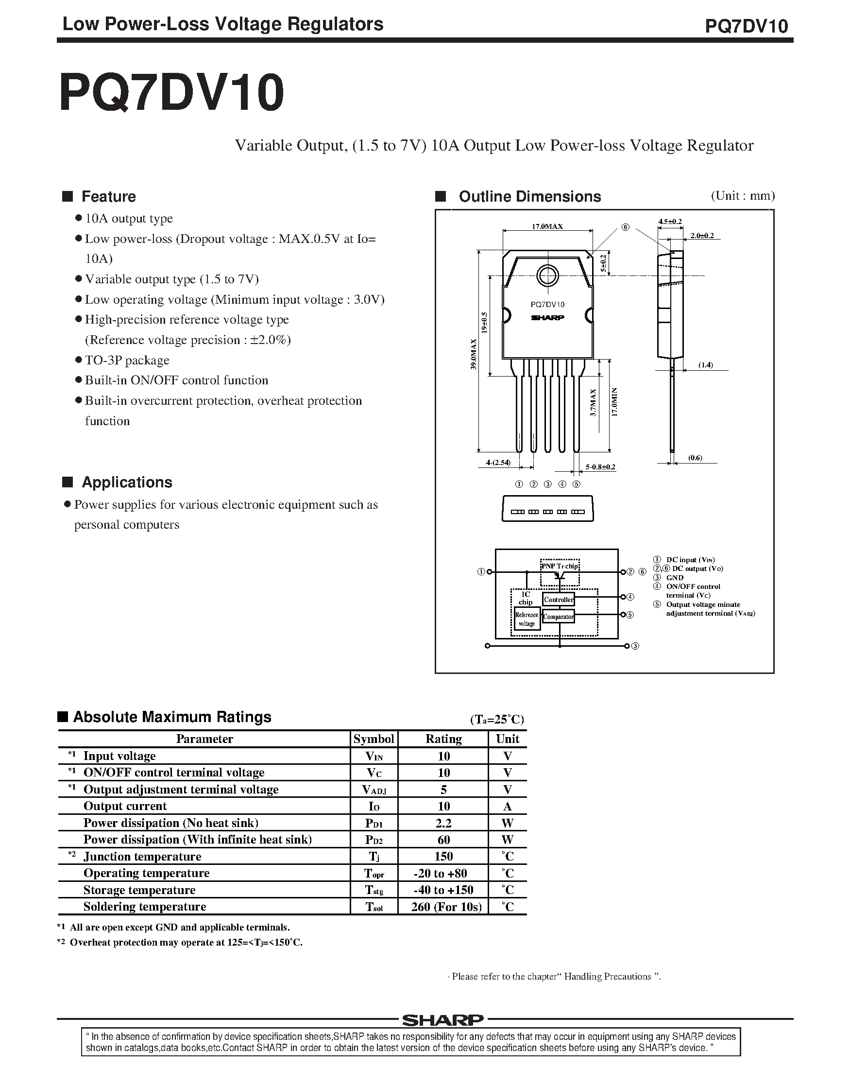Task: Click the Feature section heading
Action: [x=108, y=197]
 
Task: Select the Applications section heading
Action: [x=126, y=482]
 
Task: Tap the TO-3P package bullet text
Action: [x=127, y=360]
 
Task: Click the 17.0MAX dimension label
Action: [x=547, y=226]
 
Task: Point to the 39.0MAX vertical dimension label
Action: [x=474, y=354]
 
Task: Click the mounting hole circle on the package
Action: [x=547, y=276]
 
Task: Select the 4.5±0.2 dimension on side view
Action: [x=669, y=222]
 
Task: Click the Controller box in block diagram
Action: [x=559, y=600]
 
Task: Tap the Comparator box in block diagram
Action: [x=559, y=617]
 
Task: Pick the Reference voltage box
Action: [x=527, y=619]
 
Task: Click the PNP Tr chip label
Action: [x=560, y=566]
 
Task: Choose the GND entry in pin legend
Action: [x=675, y=577]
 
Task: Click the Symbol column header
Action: [x=373, y=739]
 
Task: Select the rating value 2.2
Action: [x=443, y=823]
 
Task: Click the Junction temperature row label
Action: [x=142, y=856]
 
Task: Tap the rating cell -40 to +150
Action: [x=443, y=889]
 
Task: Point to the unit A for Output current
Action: [x=507, y=806]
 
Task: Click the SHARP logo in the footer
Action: [x=442, y=1020]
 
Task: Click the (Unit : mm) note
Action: [x=743, y=196]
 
